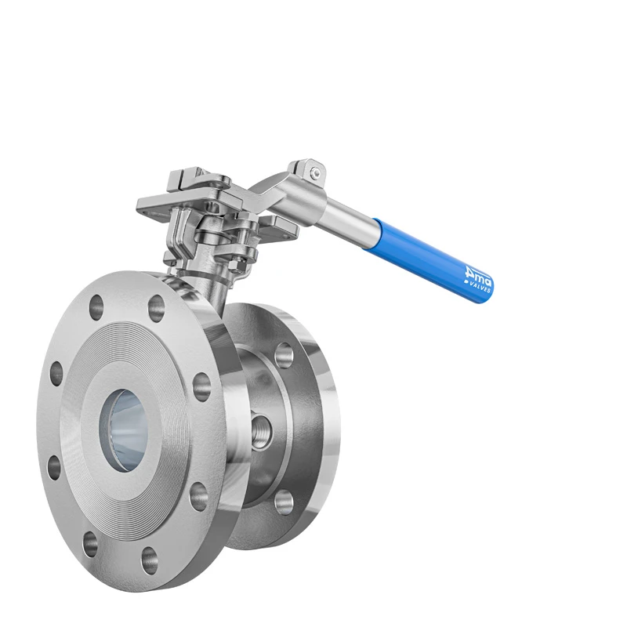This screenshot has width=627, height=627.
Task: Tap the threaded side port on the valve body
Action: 260,430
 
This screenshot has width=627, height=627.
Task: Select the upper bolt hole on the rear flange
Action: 284,354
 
